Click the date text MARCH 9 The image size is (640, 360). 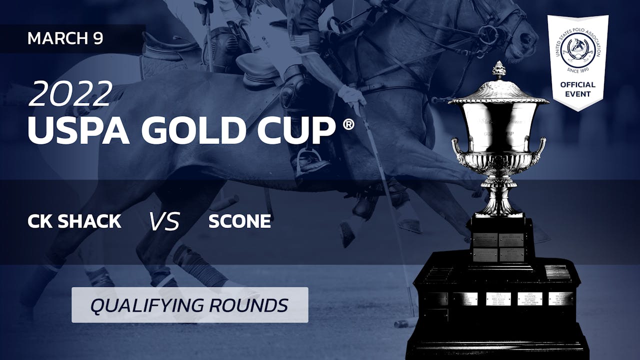[x=65, y=38]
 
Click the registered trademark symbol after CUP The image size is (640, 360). [x=348, y=123]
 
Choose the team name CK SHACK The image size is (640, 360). [x=74, y=221]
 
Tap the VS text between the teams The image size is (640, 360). [x=164, y=221]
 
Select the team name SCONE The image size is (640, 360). [x=239, y=221]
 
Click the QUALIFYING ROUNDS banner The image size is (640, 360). [x=189, y=304]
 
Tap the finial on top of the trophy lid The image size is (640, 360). [x=498, y=69]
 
